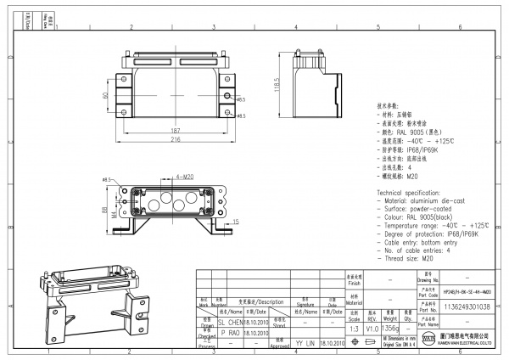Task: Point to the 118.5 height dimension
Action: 276,87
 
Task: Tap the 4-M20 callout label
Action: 182,176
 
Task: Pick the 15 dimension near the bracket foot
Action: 235,222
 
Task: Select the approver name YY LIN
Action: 305,344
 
